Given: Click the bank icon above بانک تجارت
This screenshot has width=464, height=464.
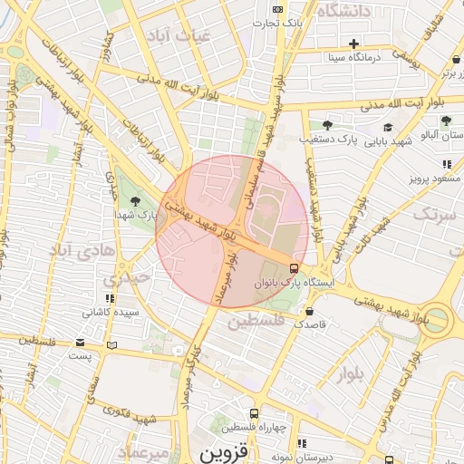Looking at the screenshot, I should pyautogui.click(x=277, y=9).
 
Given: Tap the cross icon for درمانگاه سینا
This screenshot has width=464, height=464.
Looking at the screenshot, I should pyautogui.click(x=354, y=43).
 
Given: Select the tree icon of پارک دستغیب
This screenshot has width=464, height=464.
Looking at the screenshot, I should pyautogui.click(x=327, y=126).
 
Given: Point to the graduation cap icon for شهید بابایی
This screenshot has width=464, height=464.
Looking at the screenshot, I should pyautogui.click(x=389, y=128).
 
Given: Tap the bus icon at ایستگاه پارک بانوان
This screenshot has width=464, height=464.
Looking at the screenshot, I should pyautogui.click(x=294, y=268).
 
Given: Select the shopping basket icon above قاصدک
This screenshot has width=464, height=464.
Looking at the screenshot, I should pyautogui.click(x=309, y=310).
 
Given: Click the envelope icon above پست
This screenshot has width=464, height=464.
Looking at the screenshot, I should pyautogui.click(x=81, y=343).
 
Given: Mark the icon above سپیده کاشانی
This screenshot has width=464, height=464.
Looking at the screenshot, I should pyautogui.click(x=111, y=298).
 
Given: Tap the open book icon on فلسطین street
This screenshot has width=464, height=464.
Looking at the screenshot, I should pyautogui.click(x=111, y=344).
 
